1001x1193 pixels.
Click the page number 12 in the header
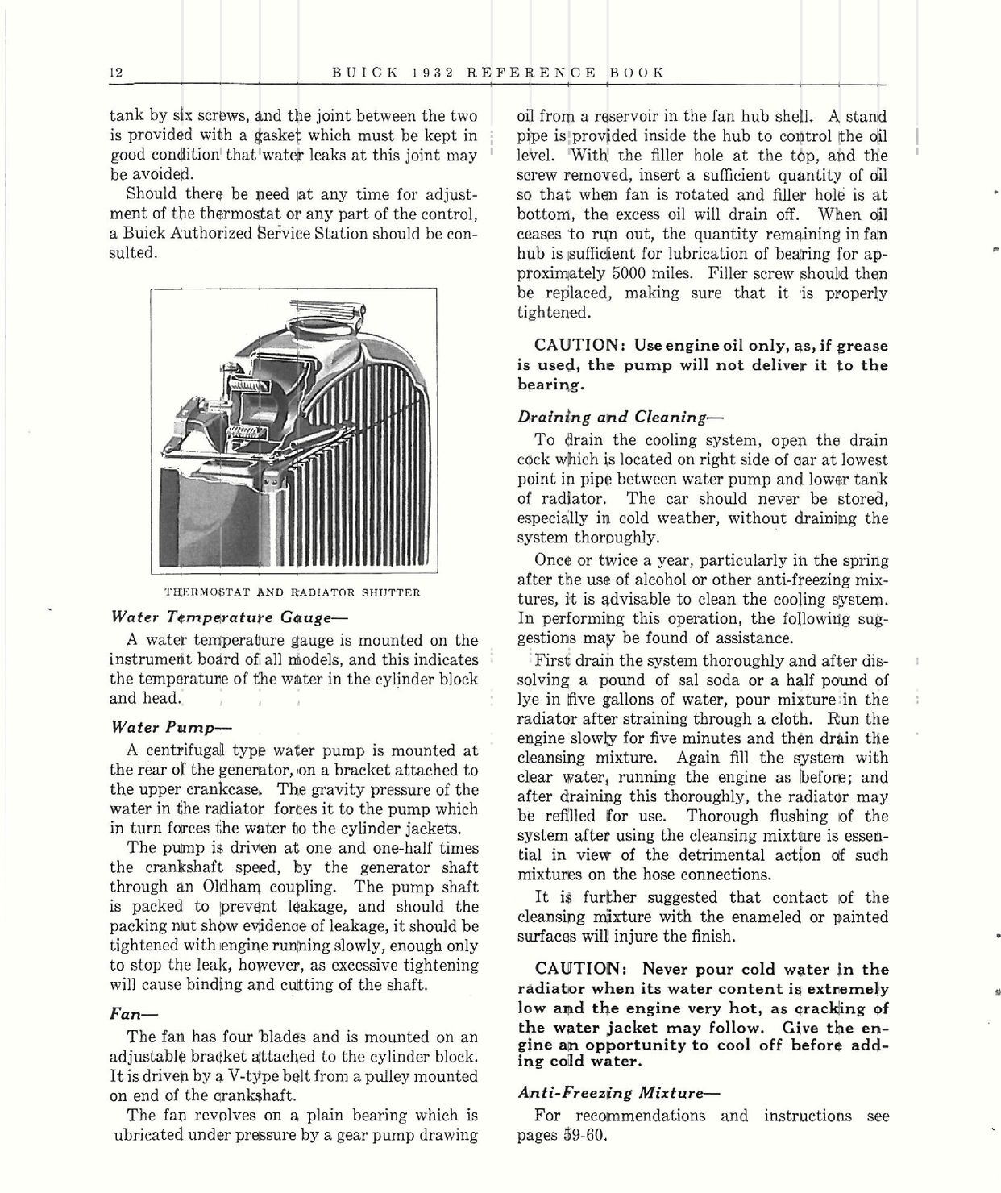[x=115, y=72]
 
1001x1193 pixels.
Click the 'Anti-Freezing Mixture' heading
[x=618, y=1093]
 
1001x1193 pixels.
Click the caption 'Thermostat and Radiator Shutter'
[x=292, y=592]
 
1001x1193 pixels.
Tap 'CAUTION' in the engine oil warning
[x=575, y=345]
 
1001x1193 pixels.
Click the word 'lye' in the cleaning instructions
[x=528, y=700]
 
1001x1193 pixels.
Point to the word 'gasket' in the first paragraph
[x=276, y=136]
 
